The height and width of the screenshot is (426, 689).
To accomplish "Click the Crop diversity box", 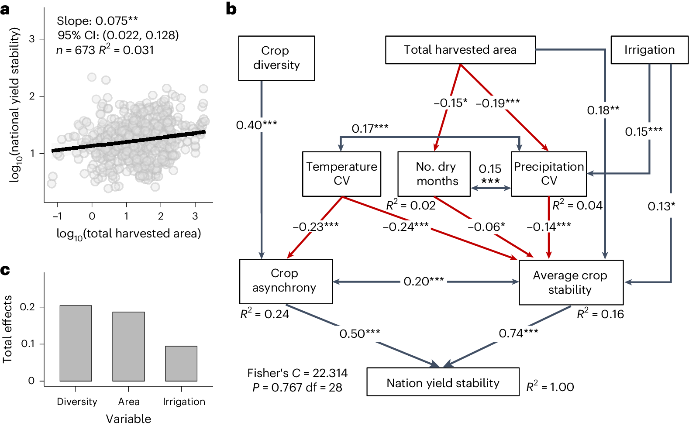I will [x=276, y=58].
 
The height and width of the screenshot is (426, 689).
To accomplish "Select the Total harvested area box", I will [x=460, y=50].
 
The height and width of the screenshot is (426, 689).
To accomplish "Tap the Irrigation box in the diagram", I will [x=649, y=50].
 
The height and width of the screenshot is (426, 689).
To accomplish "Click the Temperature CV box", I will [x=341, y=174].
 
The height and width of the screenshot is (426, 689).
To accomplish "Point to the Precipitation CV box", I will [x=549, y=174].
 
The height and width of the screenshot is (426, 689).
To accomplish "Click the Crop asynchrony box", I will [x=286, y=281].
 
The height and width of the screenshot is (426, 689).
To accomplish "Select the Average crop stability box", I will [x=571, y=282].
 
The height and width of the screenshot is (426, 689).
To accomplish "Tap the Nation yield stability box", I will [x=443, y=382].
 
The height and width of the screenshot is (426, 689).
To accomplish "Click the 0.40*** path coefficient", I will [x=256, y=125].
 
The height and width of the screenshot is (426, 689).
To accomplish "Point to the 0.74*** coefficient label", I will [x=518, y=333].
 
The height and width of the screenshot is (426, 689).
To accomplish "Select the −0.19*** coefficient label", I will [x=498, y=103].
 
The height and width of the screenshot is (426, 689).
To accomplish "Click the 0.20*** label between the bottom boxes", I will [x=424, y=282].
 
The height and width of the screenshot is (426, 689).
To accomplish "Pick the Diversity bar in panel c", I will [x=76, y=343].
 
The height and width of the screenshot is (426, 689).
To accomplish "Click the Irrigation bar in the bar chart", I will [x=181, y=363].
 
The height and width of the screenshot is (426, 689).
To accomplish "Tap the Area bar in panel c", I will [x=128, y=346].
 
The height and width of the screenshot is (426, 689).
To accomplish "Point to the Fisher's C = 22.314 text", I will [x=297, y=373].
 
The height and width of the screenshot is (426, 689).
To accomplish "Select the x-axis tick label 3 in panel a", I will [x=195, y=216].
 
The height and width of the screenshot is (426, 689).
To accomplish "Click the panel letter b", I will [x=231, y=9].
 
